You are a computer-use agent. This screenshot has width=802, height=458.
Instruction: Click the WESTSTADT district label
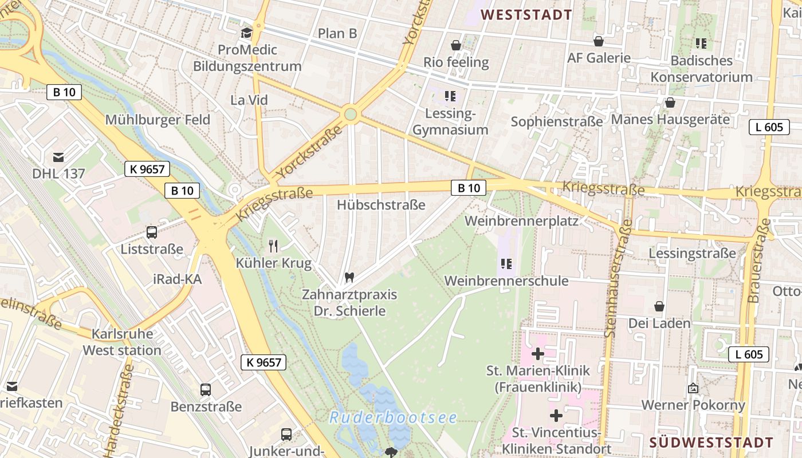[526, 15]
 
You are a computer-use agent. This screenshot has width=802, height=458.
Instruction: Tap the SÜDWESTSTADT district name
[711, 443]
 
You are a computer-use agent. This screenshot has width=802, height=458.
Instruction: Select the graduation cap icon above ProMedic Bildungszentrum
[247, 33]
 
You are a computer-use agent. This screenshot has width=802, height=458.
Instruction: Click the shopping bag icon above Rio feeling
[456, 45]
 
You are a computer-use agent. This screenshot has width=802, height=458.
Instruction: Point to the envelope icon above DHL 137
[58, 156]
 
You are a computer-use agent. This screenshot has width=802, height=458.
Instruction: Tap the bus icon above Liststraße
[152, 232]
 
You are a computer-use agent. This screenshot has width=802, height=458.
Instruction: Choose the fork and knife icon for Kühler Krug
[273, 246]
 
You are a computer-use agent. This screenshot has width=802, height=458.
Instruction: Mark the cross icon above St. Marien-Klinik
[538, 354]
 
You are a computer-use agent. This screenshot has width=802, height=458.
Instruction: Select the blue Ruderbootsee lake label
[393, 417]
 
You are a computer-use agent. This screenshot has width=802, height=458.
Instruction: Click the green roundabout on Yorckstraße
[351, 114]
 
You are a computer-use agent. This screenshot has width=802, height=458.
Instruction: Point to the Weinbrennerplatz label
[521, 220]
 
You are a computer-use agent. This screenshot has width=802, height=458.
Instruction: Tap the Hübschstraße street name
[381, 204]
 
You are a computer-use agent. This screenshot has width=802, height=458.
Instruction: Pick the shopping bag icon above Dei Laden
[659, 306]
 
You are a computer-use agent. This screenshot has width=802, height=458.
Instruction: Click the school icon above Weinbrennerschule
[506, 263]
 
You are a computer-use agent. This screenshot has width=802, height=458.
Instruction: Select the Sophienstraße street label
[556, 121]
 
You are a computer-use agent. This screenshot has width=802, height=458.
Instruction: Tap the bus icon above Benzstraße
[206, 390]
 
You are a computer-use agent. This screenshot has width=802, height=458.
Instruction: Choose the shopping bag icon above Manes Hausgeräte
[670, 102]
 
